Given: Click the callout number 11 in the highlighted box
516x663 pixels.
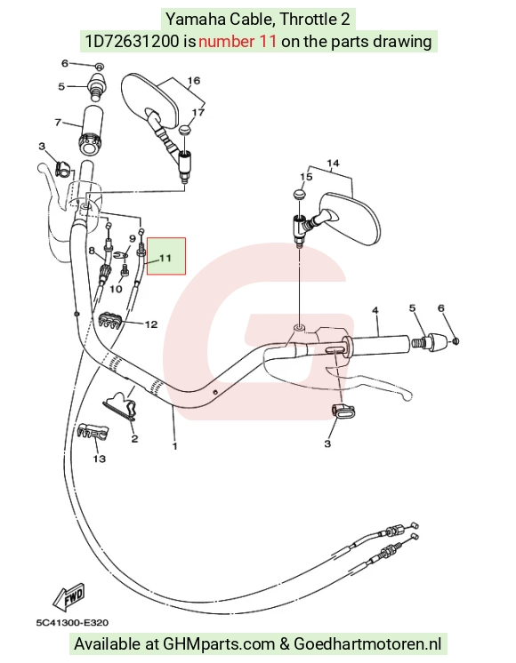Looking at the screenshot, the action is point(165,258).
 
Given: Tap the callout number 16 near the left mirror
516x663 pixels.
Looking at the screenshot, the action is point(193,80).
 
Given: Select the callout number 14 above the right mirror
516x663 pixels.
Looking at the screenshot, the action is point(333,163).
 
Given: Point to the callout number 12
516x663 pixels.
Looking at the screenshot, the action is point(151,324).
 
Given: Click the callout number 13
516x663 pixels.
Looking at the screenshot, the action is point(99,459).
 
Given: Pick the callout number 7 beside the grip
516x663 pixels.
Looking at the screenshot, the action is point(58,122).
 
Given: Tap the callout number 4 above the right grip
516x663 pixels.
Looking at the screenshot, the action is point(375,311).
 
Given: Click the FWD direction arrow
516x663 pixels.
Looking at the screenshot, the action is point(69,597).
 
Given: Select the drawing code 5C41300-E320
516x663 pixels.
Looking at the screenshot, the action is point(72,622).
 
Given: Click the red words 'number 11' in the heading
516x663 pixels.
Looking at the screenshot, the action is point(238,41).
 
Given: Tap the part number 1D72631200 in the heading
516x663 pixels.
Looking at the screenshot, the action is point(132,41).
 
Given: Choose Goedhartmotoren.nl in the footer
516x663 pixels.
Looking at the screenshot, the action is point(367,644).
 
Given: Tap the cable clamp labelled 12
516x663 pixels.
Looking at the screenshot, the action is point(111,321).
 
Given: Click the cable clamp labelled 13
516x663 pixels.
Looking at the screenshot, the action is point(93,431).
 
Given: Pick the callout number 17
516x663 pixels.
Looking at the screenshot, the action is point(198,112).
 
